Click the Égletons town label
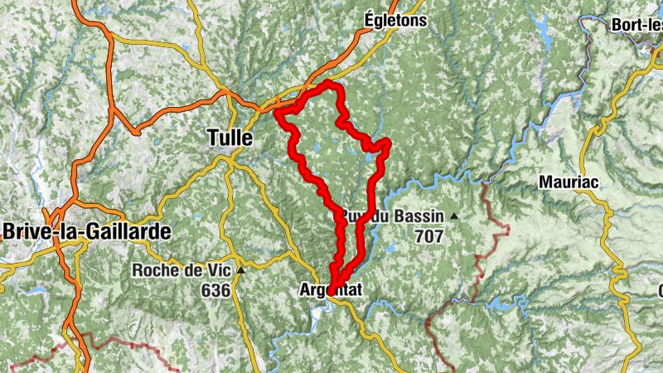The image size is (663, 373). tap(395, 21)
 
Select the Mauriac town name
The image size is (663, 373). tap(569, 182)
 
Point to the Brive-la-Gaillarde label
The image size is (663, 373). tap(87, 231)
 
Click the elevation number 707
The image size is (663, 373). tap(425, 236)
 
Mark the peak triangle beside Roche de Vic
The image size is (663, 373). tap(241, 270)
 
